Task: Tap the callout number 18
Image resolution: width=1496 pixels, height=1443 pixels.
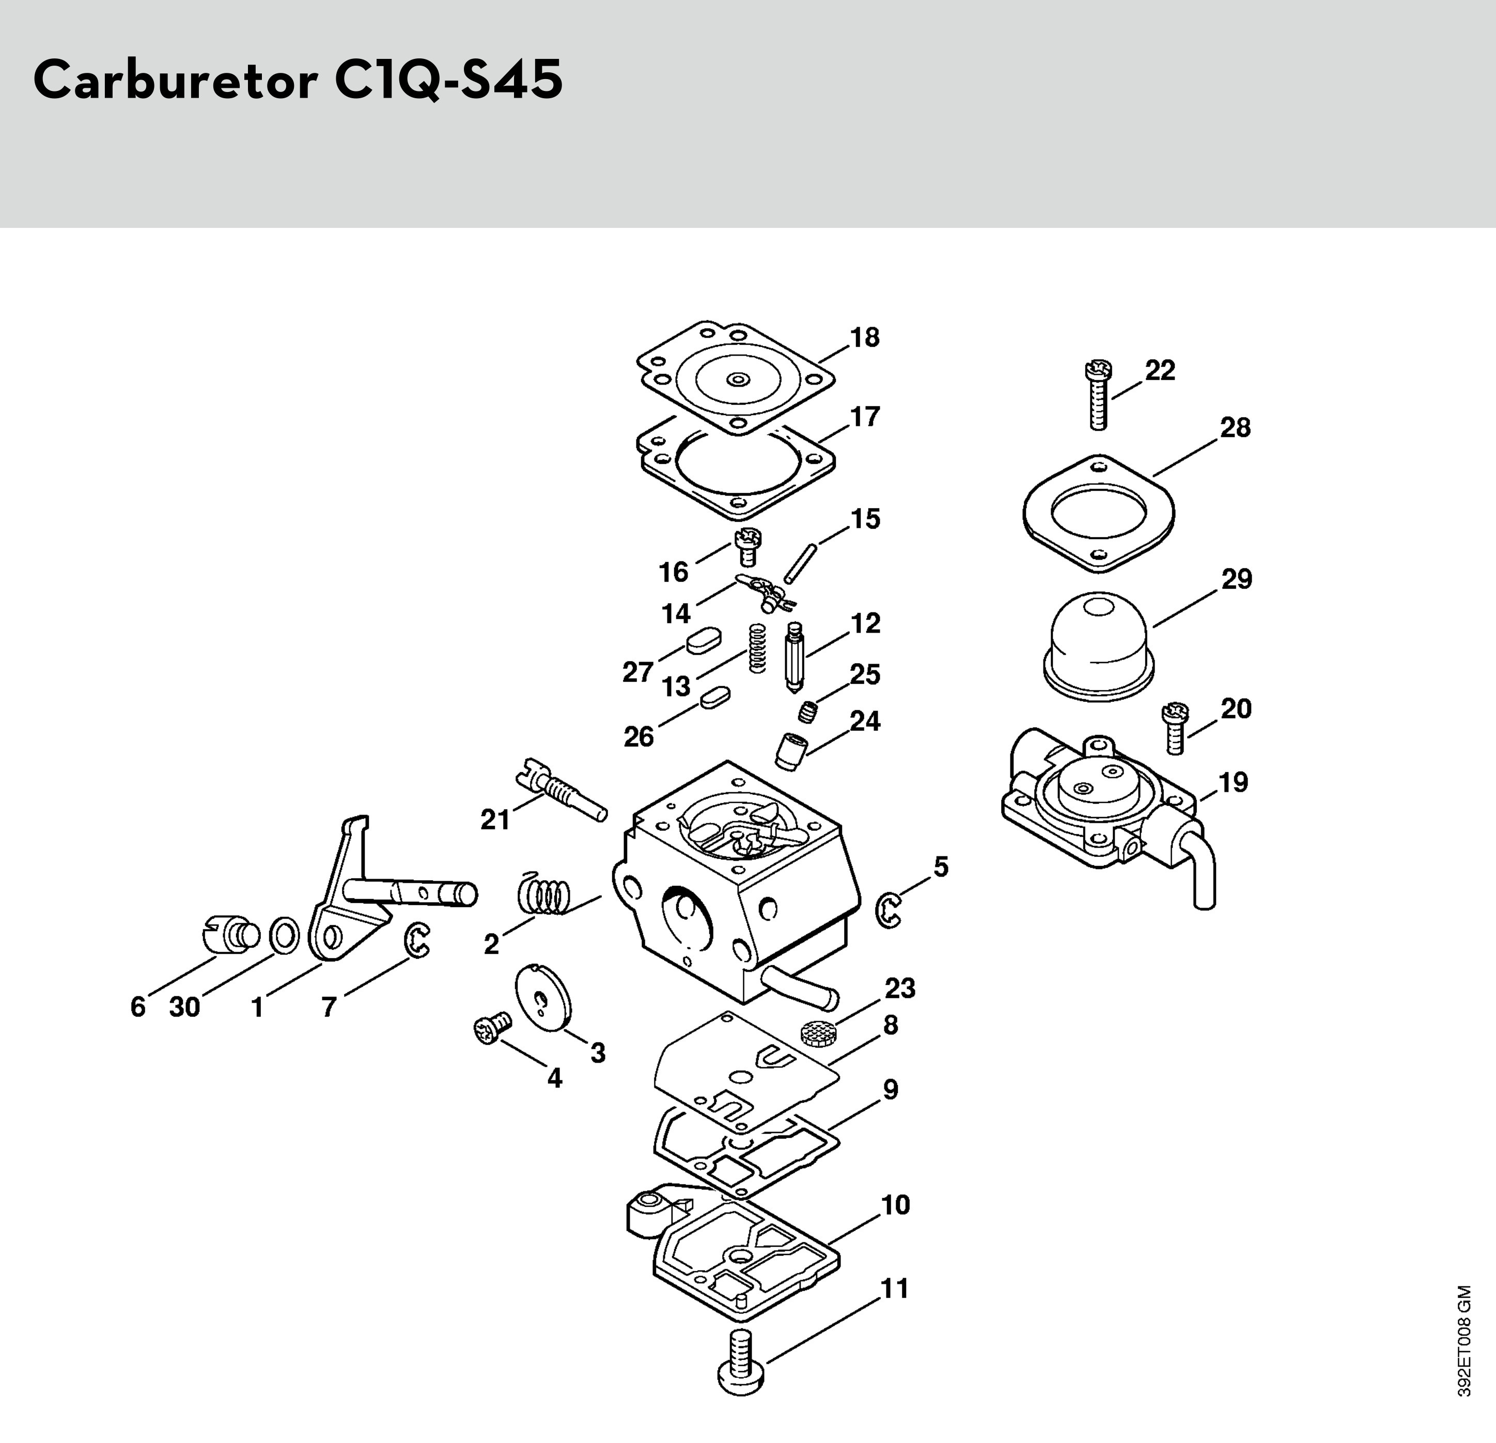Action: [865, 337]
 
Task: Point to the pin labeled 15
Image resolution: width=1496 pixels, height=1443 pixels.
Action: [801, 563]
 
